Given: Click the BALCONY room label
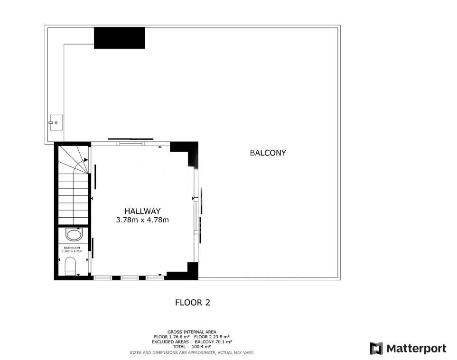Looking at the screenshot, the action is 268,153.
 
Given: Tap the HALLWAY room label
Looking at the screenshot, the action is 142,211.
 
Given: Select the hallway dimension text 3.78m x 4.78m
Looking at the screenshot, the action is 142,220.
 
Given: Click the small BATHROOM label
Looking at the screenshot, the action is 72,248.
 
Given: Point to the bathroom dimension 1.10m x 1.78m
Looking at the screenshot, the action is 72,251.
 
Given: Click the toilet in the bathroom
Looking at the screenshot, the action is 70,266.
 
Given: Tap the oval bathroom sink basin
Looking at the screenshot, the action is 74,234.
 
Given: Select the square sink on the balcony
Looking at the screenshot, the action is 56,122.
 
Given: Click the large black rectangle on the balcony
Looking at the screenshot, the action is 120,38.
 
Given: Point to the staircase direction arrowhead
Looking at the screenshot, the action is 86,160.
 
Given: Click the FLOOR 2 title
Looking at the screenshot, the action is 193,303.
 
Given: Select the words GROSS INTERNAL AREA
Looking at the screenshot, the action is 192,332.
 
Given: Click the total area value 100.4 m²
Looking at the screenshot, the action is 201,347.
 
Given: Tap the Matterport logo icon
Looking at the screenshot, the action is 376,348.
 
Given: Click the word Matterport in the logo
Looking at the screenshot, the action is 416,348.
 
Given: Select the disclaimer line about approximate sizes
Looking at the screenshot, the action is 192,353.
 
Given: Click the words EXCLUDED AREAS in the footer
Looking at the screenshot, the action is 170,342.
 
